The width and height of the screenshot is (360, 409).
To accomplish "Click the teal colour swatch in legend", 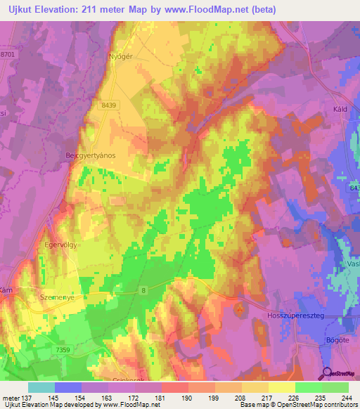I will click(x=41, y=387).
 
